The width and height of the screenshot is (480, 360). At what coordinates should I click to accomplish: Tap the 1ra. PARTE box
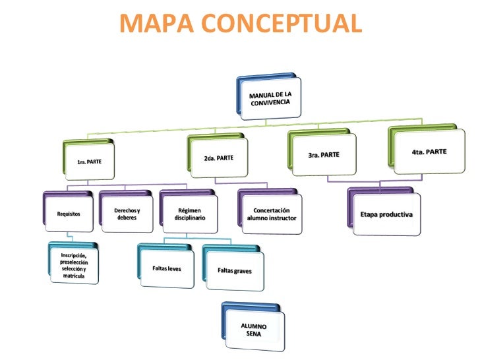pyautogui.click(x=89, y=161)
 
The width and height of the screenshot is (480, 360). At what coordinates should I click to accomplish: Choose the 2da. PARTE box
pyautogui.click(x=218, y=158)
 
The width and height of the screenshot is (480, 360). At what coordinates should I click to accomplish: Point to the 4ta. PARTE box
pyautogui.click(x=428, y=152)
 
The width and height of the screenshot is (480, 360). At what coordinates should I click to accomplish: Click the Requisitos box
pyautogui.click(x=69, y=214)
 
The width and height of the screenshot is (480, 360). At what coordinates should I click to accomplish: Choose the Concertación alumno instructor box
pyautogui.click(x=272, y=214)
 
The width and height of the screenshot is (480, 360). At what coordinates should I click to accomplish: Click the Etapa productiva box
pyautogui.click(x=386, y=215)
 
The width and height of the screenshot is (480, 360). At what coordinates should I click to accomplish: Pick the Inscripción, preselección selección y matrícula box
pyautogui.click(x=74, y=265)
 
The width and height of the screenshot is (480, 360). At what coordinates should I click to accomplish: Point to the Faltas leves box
pyautogui.click(x=167, y=269)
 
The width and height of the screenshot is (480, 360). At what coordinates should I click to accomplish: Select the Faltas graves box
pyautogui.click(x=235, y=271)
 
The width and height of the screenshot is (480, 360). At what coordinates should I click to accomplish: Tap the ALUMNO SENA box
pyautogui.click(x=254, y=330)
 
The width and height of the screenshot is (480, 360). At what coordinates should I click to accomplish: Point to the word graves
pyautogui.click(x=241, y=271)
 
